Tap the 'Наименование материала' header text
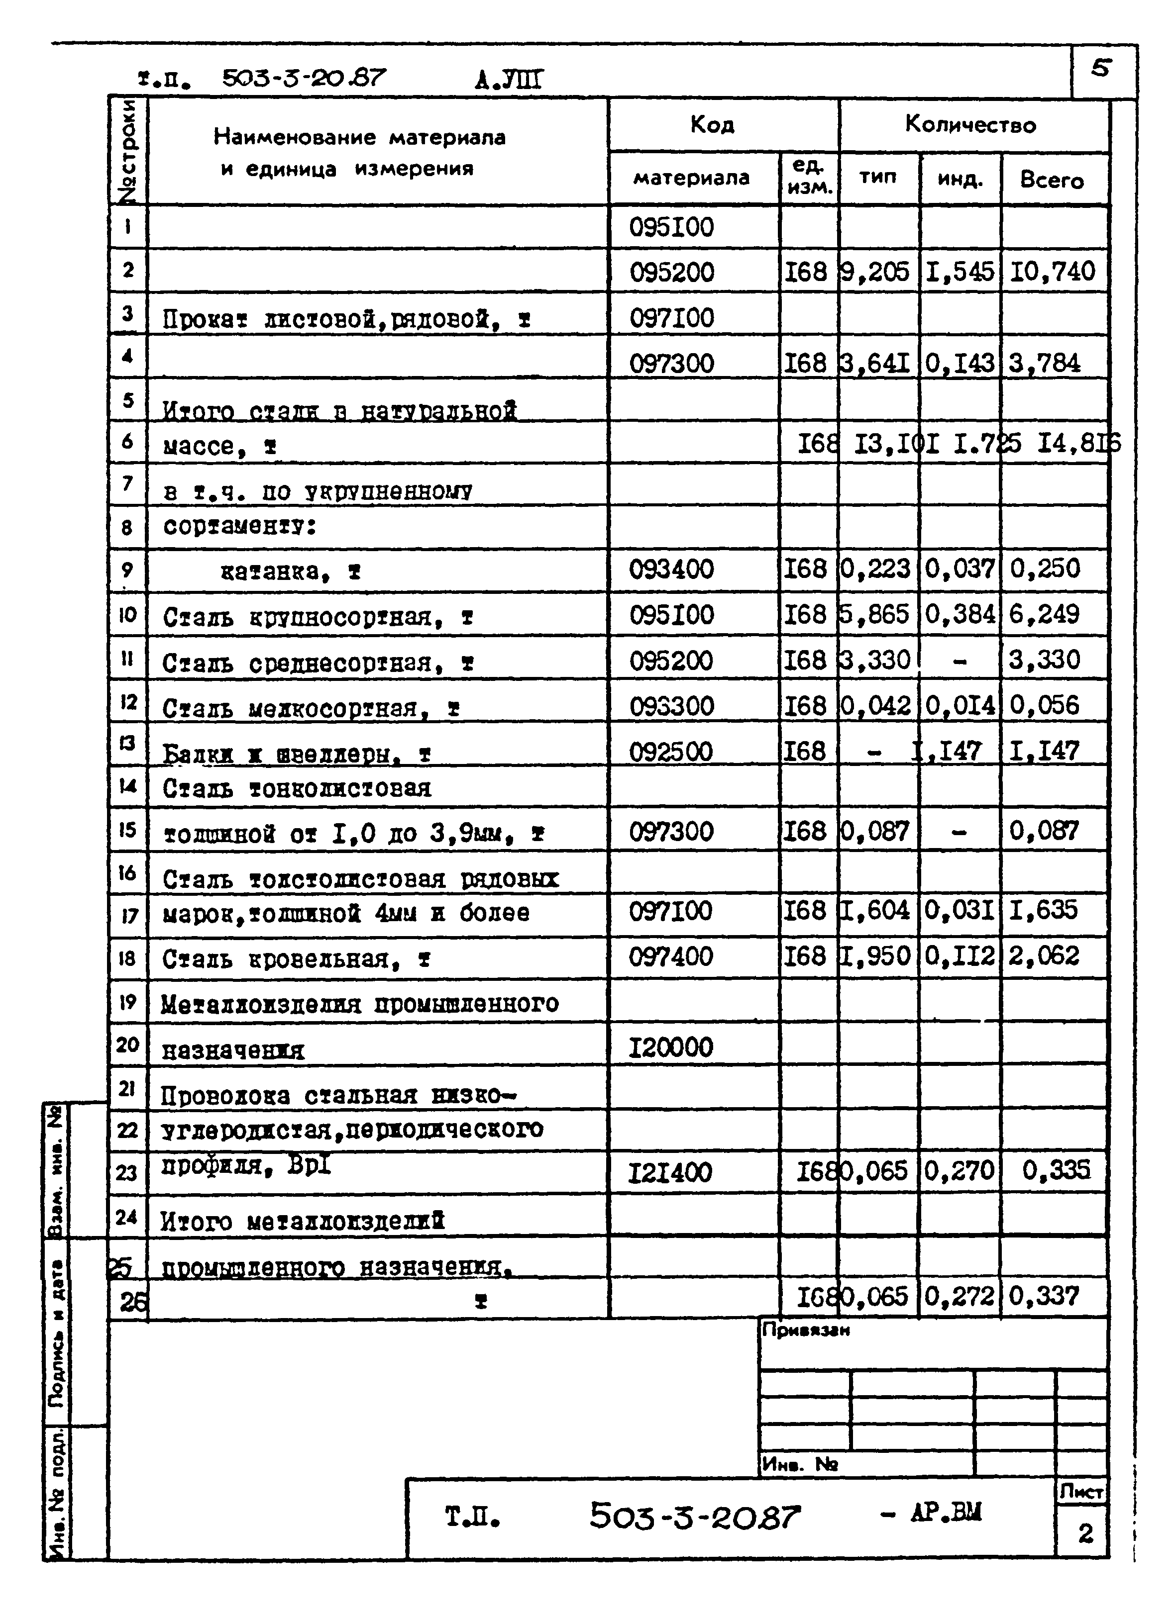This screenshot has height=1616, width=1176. [359, 137]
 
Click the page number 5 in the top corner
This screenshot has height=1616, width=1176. [1101, 69]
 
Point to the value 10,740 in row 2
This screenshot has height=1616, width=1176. [1052, 272]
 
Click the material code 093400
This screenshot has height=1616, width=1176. [671, 570]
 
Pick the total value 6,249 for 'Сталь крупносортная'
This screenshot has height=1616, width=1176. [1044, 614]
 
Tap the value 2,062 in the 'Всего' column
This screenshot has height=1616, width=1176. [1044, 955]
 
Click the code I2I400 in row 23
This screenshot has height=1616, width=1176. [669, 1173]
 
